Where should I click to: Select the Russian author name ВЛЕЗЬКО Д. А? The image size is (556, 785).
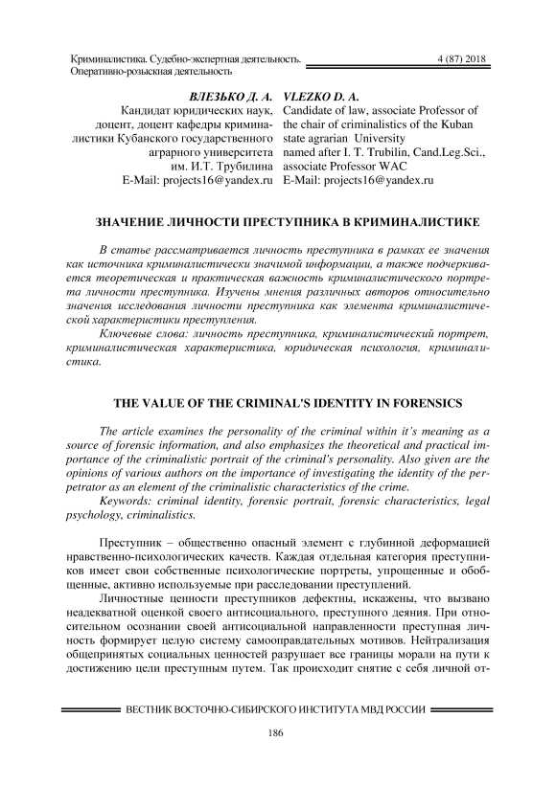233,98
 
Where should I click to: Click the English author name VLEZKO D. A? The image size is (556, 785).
322,98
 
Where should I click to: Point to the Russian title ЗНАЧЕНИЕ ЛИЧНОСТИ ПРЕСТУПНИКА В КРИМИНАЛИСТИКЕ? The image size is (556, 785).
278,222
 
